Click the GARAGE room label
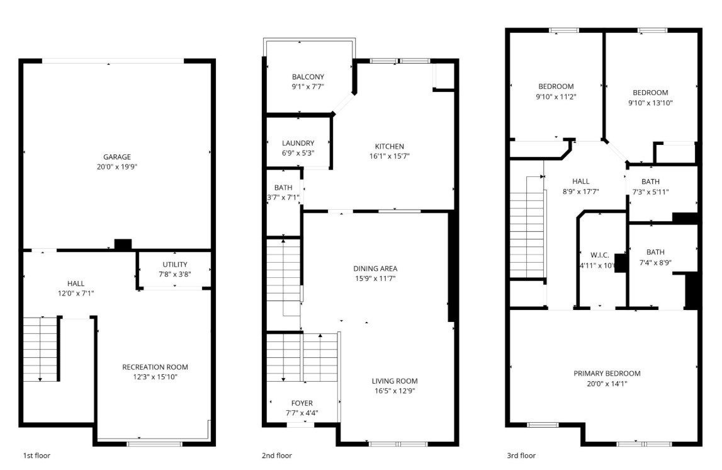pos(117,157)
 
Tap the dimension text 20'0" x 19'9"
pos(117,167)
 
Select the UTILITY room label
pos(175,264)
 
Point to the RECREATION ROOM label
pos(155,367)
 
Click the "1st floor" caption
pos(37,456)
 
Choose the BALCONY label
pos(308,77)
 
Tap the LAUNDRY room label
pos(298,143)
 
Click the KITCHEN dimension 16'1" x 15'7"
pos(390,156)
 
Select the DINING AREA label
pos(375,268)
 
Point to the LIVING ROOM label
pos(395,381)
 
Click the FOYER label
pos(302,403)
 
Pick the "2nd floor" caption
pos(277,456)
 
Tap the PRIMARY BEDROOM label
pos(607,373)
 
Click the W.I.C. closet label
pos(600,255)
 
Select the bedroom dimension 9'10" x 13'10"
pos(650,103)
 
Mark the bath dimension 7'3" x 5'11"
pos(650,192)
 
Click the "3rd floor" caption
pos(521,456)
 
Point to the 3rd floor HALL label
pos(580,181)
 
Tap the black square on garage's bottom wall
pos(123,244)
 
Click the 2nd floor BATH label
pos(283,188)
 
